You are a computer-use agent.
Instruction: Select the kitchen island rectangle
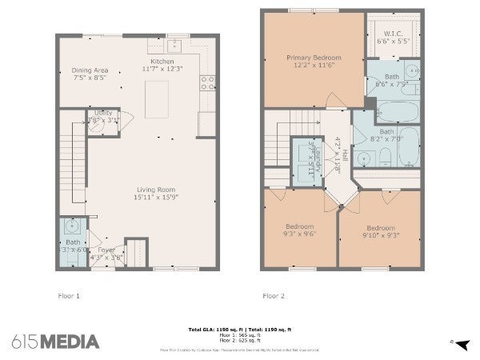[157, 98]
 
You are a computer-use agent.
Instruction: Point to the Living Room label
[156, 189]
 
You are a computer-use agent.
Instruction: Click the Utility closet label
[103, 114]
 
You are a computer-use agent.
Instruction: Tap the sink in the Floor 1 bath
[72, 226]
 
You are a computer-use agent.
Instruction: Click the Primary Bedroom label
[314, 58]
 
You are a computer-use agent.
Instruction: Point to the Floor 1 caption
[69, 295]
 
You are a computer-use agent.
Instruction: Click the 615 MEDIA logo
[56, 342]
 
